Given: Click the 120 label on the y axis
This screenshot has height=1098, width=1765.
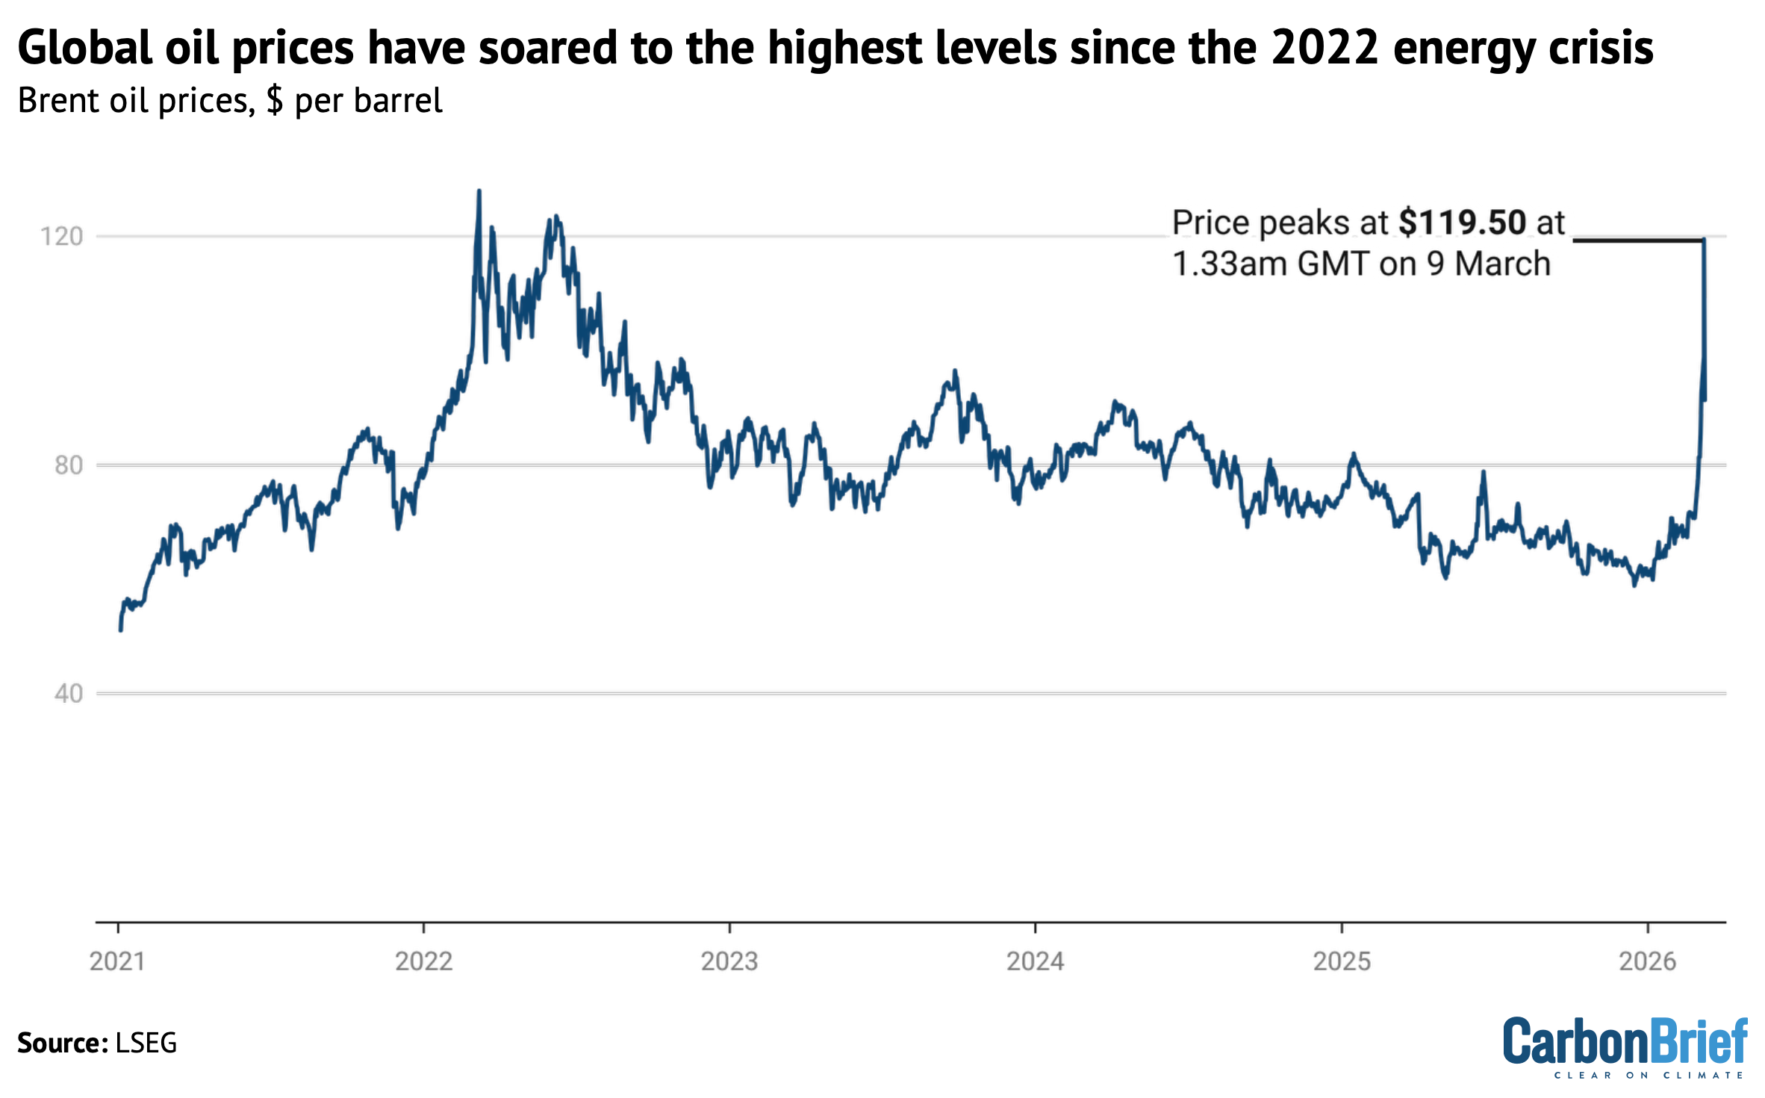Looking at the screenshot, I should click(61, 237).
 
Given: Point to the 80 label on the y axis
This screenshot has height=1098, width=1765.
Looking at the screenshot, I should click(68, 465).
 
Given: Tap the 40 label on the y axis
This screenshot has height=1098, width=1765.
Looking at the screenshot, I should click(68, 694).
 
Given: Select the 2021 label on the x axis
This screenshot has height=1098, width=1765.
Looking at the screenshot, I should click(117, 961).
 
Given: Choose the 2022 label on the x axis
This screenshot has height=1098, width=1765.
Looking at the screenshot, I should click(423, 961).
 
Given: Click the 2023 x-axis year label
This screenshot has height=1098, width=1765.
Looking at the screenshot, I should click(729, 961).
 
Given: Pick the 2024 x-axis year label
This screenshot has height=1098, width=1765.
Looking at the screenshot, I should click(1035, 961).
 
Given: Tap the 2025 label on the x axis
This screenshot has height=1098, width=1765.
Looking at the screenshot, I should click(1342, 961).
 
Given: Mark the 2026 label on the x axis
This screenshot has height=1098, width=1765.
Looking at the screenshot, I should click(1648, 961).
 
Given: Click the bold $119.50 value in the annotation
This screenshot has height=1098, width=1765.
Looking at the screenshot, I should click(1462, 223).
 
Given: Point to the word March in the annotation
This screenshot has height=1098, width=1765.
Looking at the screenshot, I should click(1502, 264).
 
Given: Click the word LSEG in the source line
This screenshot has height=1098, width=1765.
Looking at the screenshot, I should click(146, 1043).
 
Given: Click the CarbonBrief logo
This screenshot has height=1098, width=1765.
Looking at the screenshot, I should click(1625, 1046).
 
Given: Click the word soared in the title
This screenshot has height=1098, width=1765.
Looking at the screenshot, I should click(550, 48).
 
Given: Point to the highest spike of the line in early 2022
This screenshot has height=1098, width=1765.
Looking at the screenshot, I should click(479, 192).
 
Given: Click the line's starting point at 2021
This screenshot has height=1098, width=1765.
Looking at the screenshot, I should click(120, 630).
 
